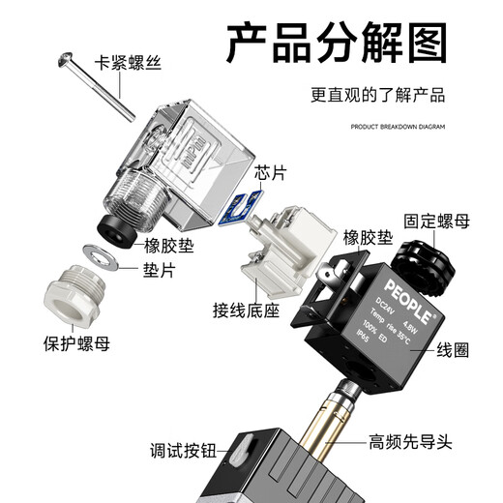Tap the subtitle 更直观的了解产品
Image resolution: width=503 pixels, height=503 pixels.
(377, 96)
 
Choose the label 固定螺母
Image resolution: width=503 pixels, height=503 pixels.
(435, 222)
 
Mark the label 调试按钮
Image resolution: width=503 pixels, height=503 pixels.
(187, 450)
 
